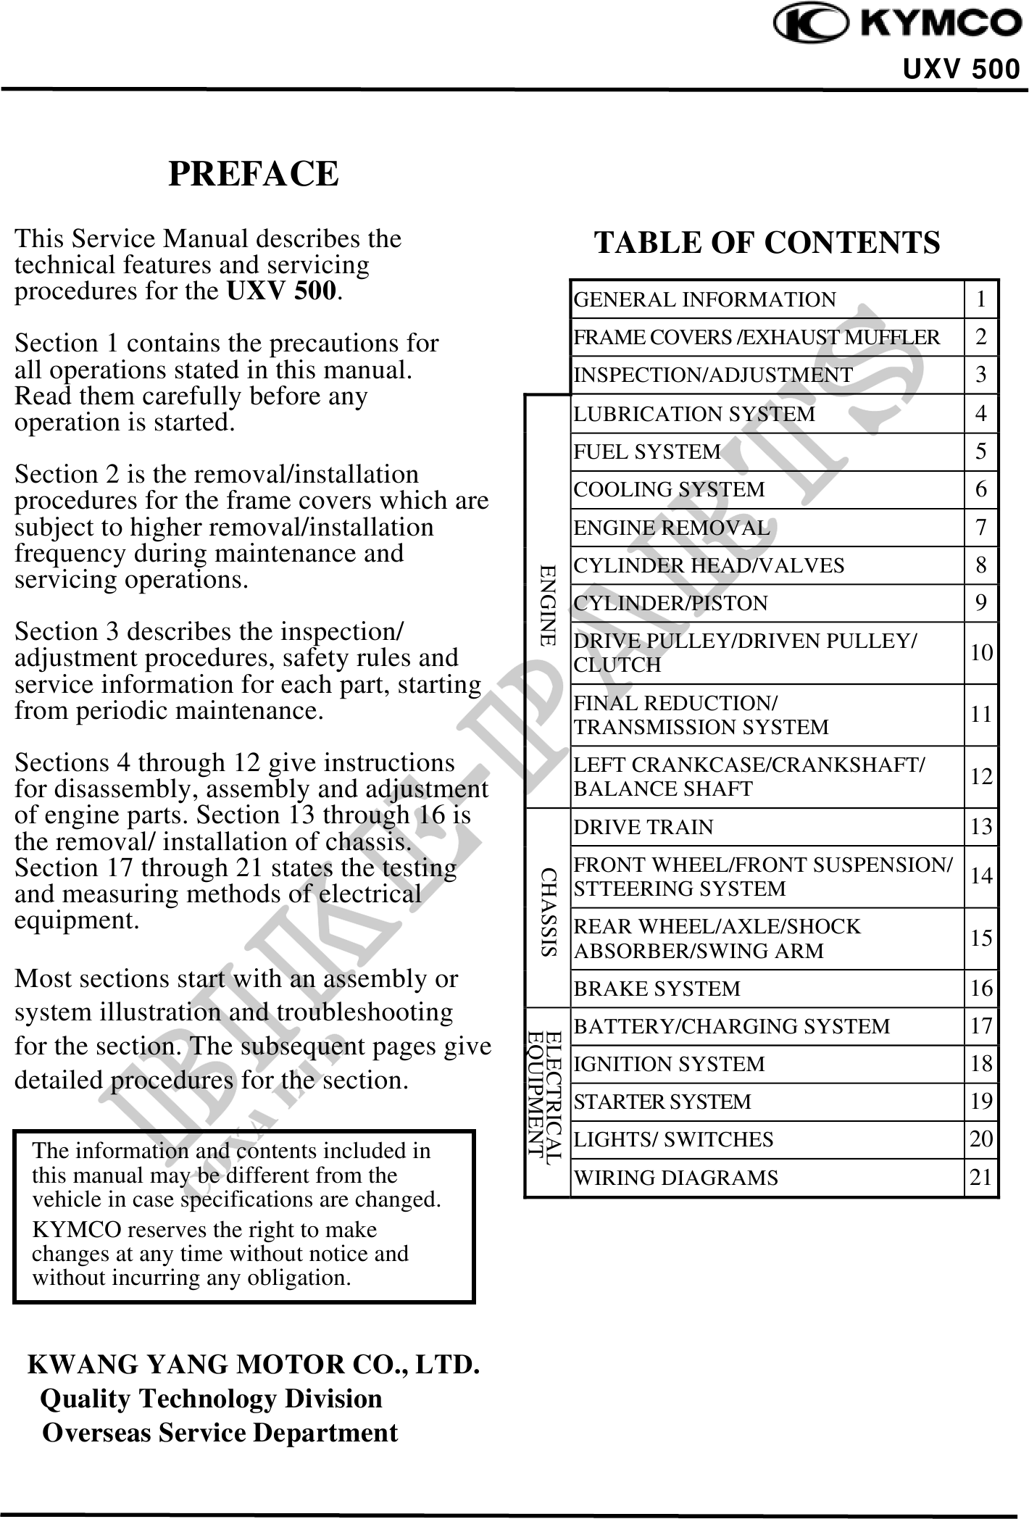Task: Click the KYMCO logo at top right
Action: point(897,25)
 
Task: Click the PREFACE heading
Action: point(254,174)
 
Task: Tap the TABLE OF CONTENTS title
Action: point(767,242)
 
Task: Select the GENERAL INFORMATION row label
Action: point(704,299)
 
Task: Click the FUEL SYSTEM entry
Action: point(647,451)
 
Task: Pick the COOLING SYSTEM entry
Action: point(669,490)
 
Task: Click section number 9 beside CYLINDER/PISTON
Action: point(981,603)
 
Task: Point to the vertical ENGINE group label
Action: point(548,605)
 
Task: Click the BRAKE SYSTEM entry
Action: point(657,989)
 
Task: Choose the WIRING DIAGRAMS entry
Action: point(675,1178)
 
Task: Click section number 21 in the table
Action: point(981,1177)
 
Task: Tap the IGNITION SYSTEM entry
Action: point(669,1064)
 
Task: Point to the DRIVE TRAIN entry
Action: point(643,827)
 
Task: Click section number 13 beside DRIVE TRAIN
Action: point(981,827)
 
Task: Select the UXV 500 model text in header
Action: point(961,70)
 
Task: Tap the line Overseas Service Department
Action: point(220,1433)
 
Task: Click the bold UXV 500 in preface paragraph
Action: point(281,291)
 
